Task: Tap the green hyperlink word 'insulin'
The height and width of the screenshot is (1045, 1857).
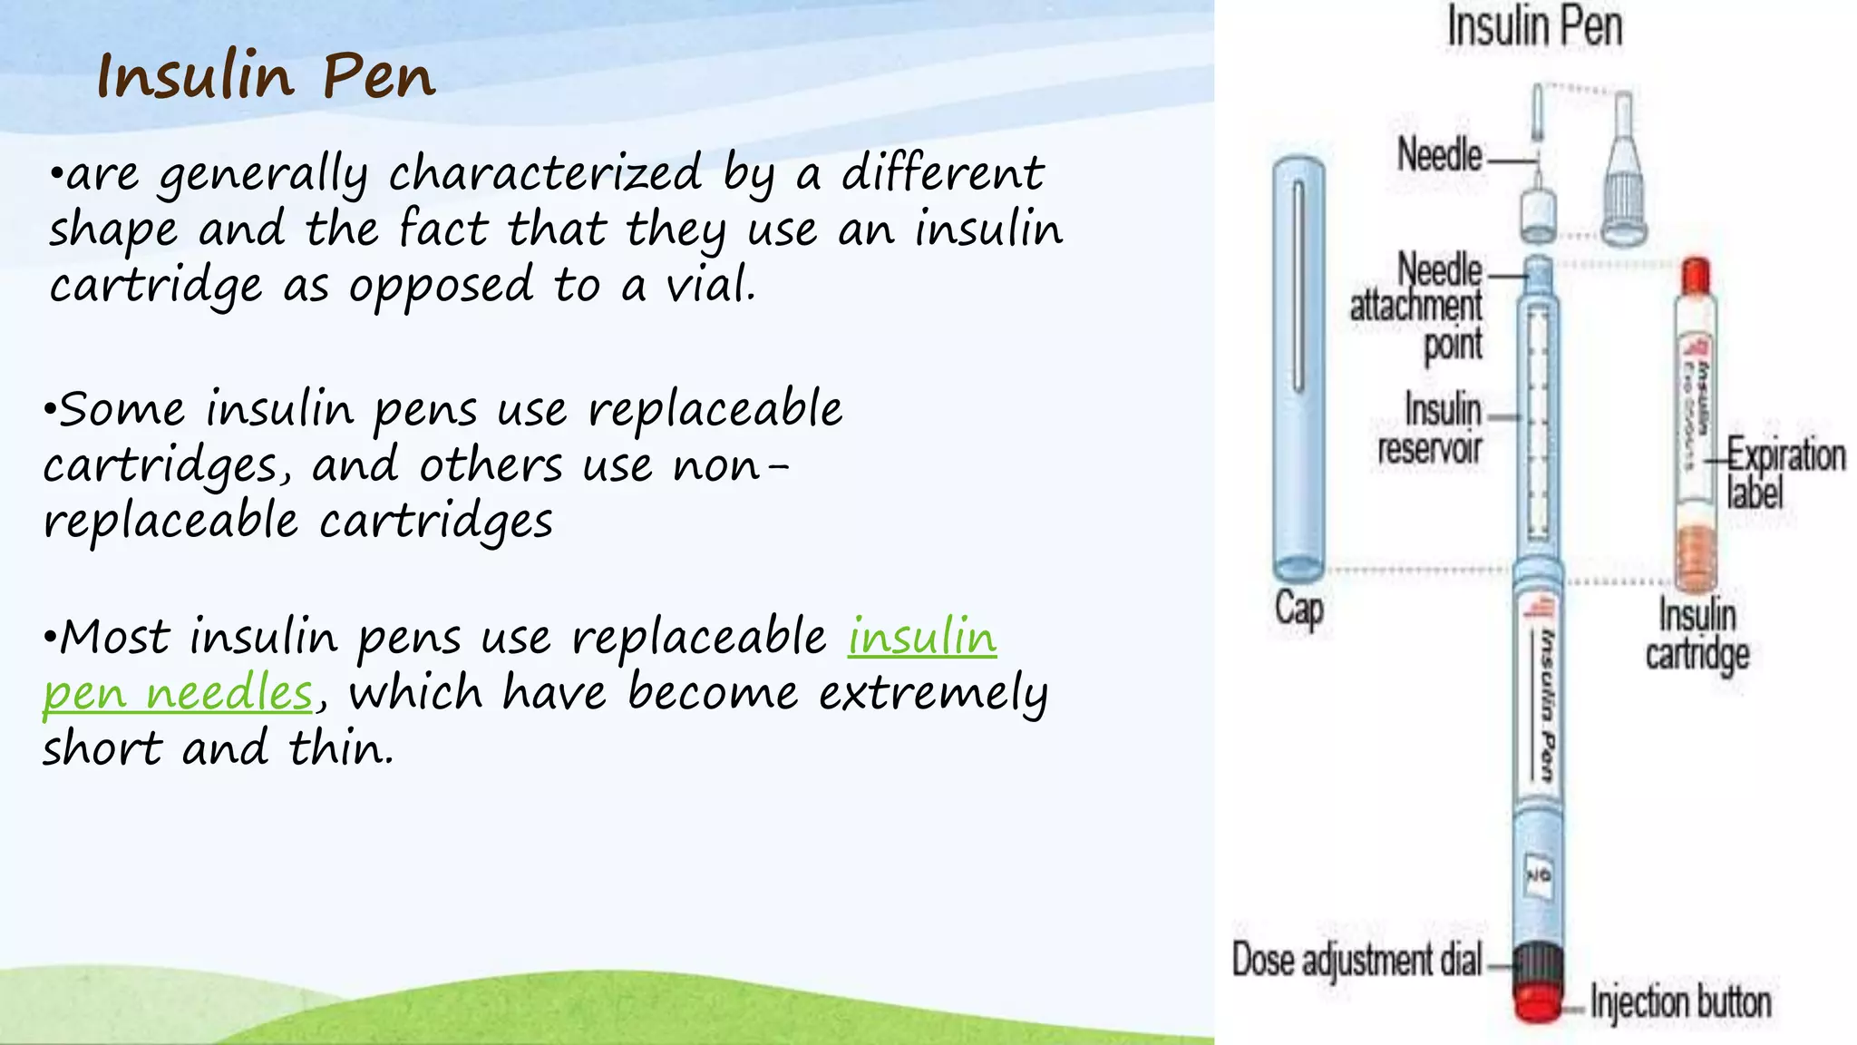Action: tap(922, 637)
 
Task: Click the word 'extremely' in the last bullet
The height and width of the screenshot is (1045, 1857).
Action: tap(933, 694)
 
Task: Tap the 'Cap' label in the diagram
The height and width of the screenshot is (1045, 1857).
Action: tap(1298, 609)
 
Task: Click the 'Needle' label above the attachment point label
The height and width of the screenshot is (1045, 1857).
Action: tap(1440, 154)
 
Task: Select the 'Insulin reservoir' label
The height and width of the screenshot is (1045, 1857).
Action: tap(1431, 429)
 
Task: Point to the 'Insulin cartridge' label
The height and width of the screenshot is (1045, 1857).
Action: tap(1697, 635)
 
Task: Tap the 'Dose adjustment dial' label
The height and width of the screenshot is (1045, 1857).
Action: tap(1356, 961)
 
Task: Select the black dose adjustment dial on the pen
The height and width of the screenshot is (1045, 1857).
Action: tap(1539, 964)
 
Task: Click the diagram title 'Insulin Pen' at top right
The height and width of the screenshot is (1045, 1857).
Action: tap(1534, 27)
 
